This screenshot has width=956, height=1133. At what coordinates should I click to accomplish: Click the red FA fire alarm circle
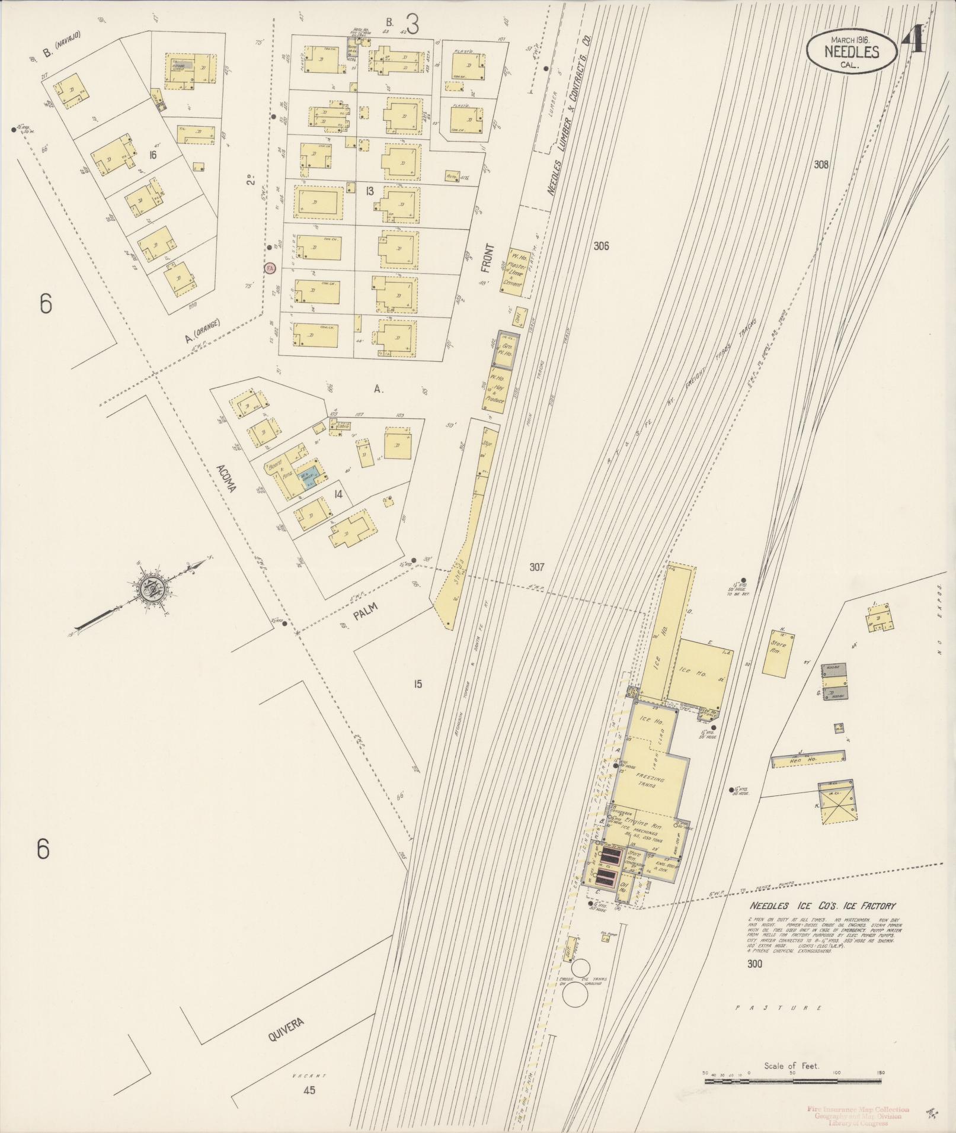point(270,268)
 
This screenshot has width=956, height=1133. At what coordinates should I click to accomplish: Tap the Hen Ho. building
point(808,759)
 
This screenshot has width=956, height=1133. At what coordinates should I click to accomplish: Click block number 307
point(536,567)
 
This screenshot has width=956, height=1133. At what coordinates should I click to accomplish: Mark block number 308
point(821,165)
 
